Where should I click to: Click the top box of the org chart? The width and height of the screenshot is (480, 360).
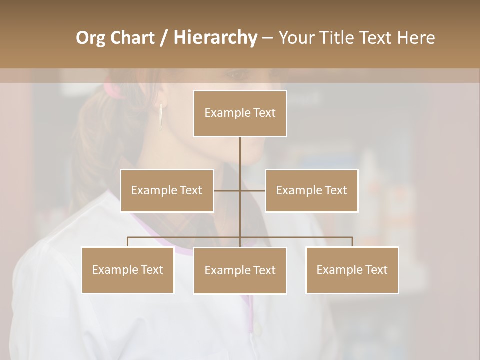[x=240, y=113]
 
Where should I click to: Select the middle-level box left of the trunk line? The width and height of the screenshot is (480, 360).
[x=167, y=190]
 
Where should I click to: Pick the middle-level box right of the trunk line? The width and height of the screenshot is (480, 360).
[x=311, y=190]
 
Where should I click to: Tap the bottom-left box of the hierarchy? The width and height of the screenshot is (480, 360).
[x=128, y=270]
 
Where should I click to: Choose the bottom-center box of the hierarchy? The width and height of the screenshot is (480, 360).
[x=240, y=270]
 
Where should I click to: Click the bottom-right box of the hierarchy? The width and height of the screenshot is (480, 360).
[x=352, y=270]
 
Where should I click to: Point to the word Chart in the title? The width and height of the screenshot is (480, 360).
[x=132, y=38]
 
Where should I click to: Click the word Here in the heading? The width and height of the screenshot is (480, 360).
[x=416, y=38]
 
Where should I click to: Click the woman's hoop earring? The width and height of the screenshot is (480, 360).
[x=161, y=117]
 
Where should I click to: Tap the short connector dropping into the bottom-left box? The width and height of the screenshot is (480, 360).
[x=128, y=242]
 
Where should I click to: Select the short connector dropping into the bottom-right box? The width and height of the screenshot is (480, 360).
[x=352, y=242]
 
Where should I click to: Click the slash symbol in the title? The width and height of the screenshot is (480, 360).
[x=163, y=38]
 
